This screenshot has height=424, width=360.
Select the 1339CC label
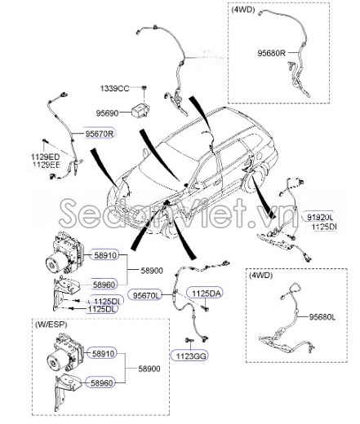(114, 88)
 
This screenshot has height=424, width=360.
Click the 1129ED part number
(47, 157)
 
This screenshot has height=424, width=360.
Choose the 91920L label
(342, 218)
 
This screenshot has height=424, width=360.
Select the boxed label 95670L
(147, 295)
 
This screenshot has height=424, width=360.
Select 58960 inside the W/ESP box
(104, 382)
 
